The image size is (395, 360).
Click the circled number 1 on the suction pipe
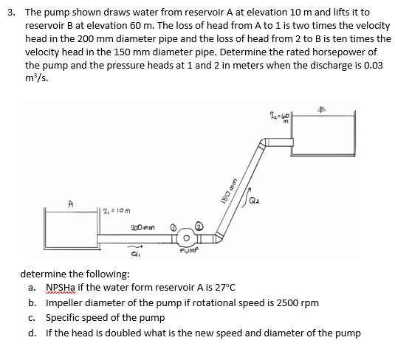[x=174, y=228]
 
